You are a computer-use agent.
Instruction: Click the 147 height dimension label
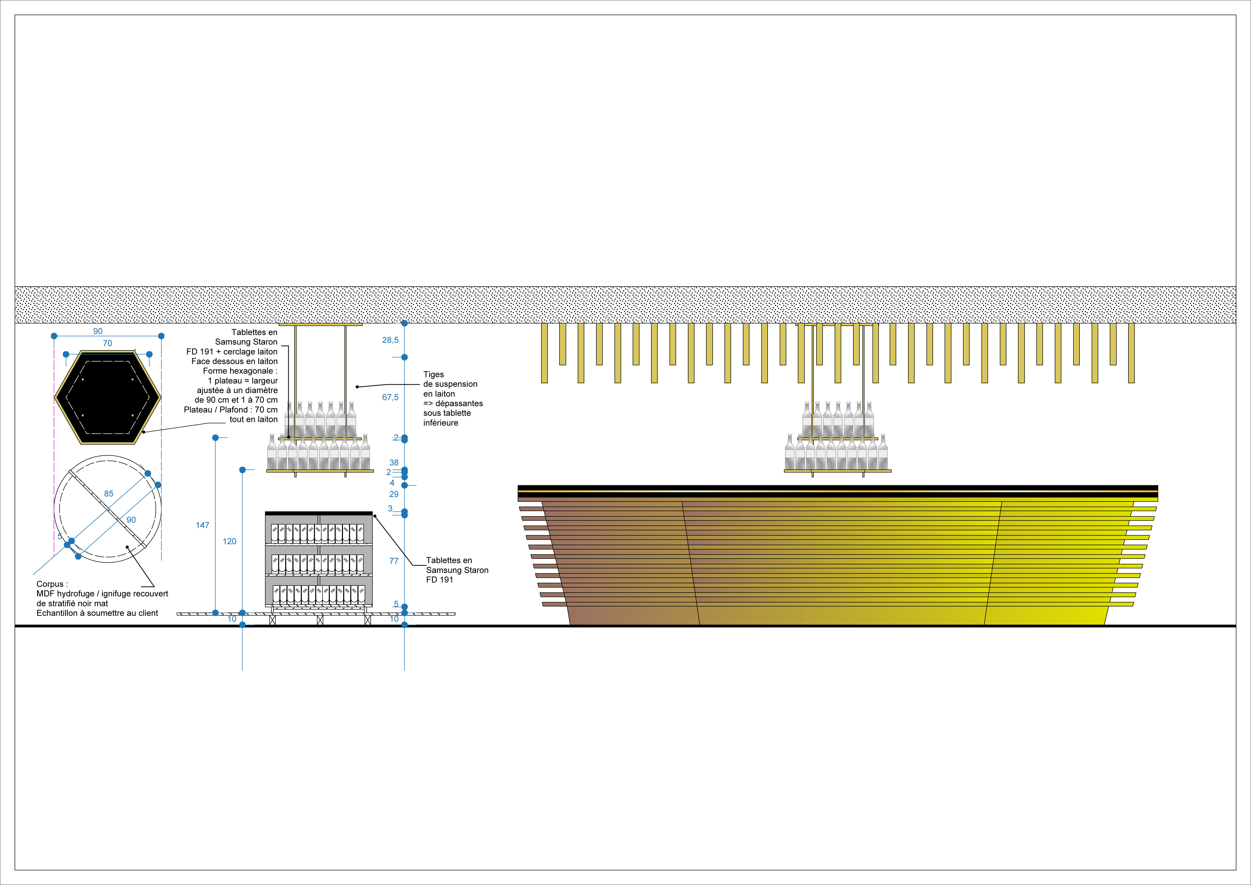click(202, 525)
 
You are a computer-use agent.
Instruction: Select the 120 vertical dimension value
click(229, 541)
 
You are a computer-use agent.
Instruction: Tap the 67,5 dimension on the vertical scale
click(390, 397)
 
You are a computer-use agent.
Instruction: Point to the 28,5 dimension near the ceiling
click(390, 340)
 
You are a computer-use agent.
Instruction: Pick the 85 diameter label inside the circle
click(109, 494)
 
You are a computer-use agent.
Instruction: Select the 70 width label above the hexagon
click(107, 343)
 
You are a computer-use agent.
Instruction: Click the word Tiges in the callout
click(434, 374)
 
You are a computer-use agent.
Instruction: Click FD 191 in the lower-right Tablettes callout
click(440, 580)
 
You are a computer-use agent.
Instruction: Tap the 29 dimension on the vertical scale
click(394, 494)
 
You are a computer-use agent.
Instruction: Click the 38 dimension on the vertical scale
click(394, 463)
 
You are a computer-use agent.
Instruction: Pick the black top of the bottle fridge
click(319, 513)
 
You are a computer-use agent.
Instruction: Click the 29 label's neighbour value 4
click(392, 483)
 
